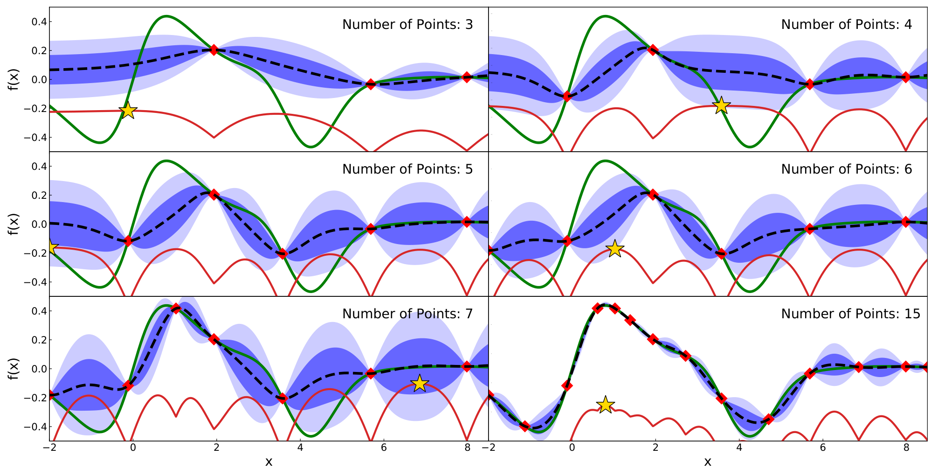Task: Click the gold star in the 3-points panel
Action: (128, 111)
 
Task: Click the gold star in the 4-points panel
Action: (721, 105)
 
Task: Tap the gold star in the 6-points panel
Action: (615, 248)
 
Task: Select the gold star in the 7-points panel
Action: (420, 383)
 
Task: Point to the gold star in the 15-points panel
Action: (605, 404)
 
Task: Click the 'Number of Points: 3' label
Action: (407, 24)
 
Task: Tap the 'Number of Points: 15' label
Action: (851, 314)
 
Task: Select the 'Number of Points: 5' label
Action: (407, 169)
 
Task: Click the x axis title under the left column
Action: (269, 462)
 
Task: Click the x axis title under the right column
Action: (708, 462)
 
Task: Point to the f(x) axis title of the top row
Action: (14, 79)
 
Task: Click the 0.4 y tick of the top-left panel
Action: (37, 22)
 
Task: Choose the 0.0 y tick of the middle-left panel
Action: (37, 224)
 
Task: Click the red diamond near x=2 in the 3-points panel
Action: (214, 49)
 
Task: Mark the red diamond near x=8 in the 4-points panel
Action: (905, 77)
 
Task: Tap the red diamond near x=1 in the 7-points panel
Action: (176, 308)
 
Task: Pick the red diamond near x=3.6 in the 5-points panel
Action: (282, 253)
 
